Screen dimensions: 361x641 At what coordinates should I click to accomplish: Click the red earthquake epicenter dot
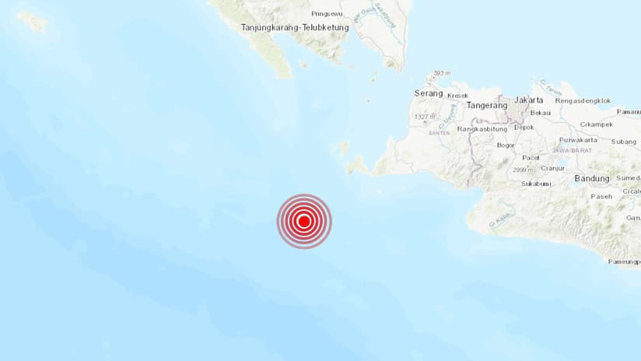(304, 221)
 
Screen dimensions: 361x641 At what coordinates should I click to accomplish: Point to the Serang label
(429, 93)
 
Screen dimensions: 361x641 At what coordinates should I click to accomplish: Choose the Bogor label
(505, 145)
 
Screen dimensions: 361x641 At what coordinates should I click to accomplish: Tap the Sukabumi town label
(536, 184)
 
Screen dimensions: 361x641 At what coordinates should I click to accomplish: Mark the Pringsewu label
(327, 13)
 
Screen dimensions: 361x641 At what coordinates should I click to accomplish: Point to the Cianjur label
(552, 168)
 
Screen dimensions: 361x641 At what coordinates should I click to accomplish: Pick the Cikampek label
(596, 124)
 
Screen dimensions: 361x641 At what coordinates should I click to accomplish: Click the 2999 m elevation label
(523, 169)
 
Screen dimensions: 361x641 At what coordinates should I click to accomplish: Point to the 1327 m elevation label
(425, 117)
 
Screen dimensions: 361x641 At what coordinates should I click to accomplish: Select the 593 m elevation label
(442, 73)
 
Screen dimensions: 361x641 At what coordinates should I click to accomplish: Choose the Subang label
(623, 142)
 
